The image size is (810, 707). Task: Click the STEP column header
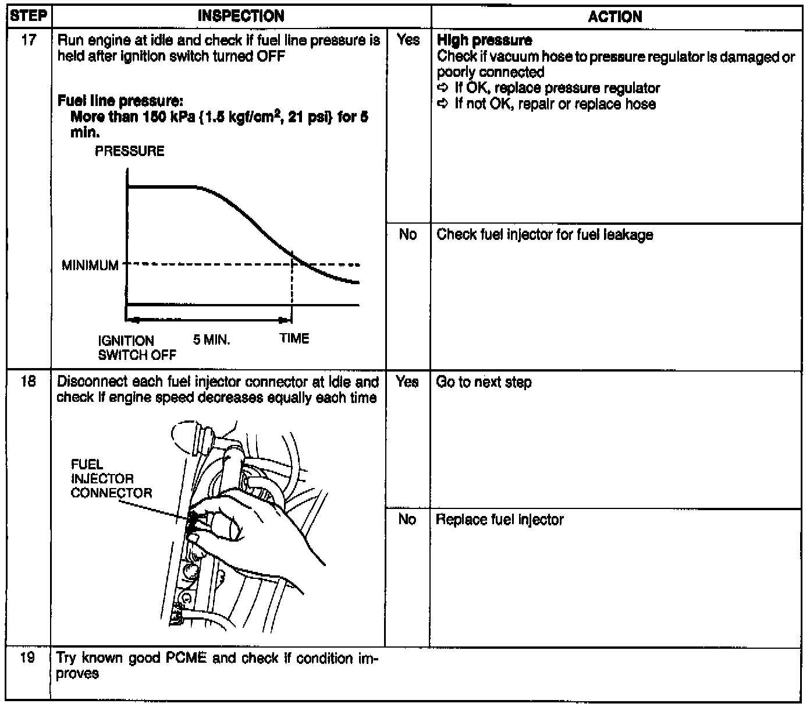click(28, 16)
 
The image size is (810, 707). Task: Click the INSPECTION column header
click(241, 16)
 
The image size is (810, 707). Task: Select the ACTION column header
click(615, 17)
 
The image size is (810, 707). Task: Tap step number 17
click(28, 40)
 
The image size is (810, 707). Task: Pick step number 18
click(28, 381)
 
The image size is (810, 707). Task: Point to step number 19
click(28, 659)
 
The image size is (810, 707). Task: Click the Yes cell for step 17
click(408, 40)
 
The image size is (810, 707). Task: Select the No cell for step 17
click(408, 234)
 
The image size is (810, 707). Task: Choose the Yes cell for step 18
click(407, 381)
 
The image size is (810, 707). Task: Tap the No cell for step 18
click(407, 519)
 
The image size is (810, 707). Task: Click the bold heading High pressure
click(484, 41)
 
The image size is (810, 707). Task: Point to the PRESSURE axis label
click(130, 151)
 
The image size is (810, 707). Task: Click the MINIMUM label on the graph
click(90, 266)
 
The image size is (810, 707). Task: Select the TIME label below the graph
click(294, 338)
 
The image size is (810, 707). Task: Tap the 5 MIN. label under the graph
click(211, 340)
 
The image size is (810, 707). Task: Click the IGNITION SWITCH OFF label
click(136, 348)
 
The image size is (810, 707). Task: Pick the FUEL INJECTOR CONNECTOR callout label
click(111, 479)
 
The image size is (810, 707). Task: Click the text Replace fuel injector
click(499, 519)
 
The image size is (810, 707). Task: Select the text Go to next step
click(484, 382)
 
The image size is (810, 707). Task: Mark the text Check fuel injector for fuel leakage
click(545, 235)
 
